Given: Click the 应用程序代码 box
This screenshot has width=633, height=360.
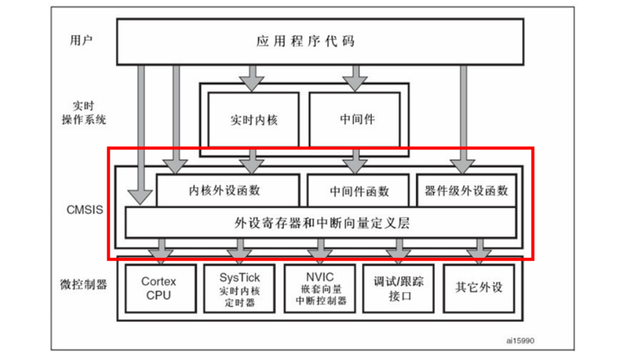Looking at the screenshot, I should [306, 41].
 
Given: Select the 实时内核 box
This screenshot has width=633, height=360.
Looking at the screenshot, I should [254, 119].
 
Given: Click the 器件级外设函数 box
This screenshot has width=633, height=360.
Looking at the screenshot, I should [466, 190].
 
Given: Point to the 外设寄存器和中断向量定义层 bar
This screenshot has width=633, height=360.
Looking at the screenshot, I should [321, 223].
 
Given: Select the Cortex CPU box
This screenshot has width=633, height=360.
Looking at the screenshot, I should [159, 288].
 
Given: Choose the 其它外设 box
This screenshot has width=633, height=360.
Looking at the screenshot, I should [479, 287].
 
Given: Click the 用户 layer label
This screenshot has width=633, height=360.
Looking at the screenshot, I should [81, 40].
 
